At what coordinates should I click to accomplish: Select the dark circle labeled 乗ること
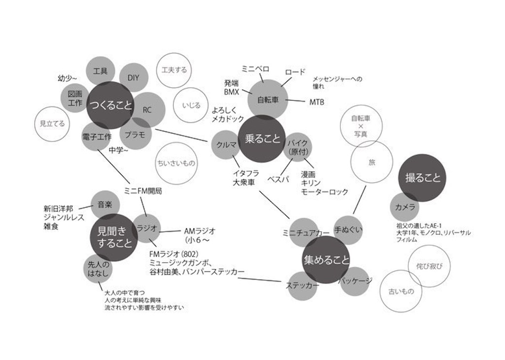click(262, 139)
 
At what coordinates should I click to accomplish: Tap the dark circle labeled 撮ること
click(422, 178)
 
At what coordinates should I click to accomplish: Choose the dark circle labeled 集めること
click(325, 259)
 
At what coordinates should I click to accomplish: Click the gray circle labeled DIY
click(133, 77)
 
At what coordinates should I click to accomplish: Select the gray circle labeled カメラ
click(405, 207)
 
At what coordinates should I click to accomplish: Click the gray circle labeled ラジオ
click(147, 228)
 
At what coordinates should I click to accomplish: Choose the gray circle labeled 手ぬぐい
click(349, 230)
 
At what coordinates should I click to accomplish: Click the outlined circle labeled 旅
click(371, 162)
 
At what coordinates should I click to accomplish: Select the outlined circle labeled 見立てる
click(53, 124)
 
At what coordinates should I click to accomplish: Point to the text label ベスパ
click(278, 179)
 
